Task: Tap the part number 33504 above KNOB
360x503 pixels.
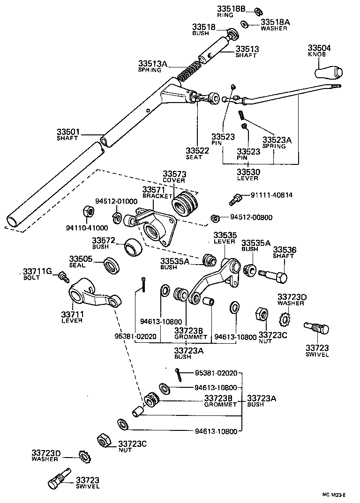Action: [319, 48]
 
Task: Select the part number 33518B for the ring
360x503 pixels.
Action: [231, 9]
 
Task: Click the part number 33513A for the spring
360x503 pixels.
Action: [153, 64]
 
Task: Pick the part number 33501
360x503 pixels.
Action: [68, 133]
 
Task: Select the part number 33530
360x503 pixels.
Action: [248, 172]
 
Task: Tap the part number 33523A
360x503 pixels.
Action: [277, 140]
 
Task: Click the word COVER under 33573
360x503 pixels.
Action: [174, 180]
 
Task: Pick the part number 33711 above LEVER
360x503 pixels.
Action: [72, 314]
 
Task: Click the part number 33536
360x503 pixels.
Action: [283, 250]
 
